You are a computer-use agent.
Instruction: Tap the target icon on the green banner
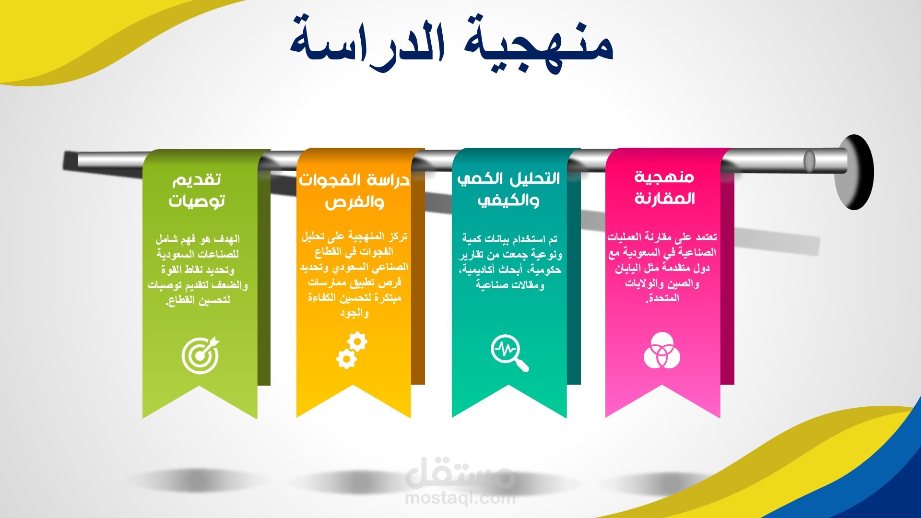tap(201, 355)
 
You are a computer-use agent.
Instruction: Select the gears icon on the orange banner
tap(352, 352)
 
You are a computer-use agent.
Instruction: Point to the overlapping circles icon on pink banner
tap(662, 350)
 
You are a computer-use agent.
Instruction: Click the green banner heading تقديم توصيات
tap(197, 190)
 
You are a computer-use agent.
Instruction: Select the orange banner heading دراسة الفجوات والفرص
tap(354, 191)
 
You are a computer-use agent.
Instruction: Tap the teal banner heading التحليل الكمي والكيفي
tap(508, 189)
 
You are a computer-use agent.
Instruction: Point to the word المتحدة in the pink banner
tap(663, 298)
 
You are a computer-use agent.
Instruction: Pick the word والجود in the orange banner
tap(354, 313)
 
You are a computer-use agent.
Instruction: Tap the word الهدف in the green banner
tap(227, 239)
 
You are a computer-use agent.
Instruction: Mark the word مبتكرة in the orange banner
tap(387, 298)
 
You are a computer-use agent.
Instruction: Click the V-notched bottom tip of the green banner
tap(200, 387)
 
